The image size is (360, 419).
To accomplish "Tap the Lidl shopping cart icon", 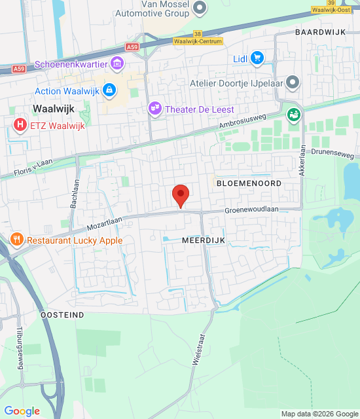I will [257, 59].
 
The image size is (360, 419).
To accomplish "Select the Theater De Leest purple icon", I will [154, 109].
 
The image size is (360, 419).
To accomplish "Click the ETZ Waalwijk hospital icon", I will [21, 124].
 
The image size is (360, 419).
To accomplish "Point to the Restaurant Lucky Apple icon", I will [17, 240].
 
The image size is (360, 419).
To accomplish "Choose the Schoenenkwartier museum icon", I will [117, 64].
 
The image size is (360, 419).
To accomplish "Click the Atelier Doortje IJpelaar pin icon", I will [293, 83].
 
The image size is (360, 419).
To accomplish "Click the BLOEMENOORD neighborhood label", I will [249, 183].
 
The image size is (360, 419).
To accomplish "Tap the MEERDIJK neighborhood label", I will [204, 241].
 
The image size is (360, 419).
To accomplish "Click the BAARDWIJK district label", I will [320, 31].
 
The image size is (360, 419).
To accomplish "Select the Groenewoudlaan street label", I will [252, 210].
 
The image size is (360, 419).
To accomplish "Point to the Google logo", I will [22, 411].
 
